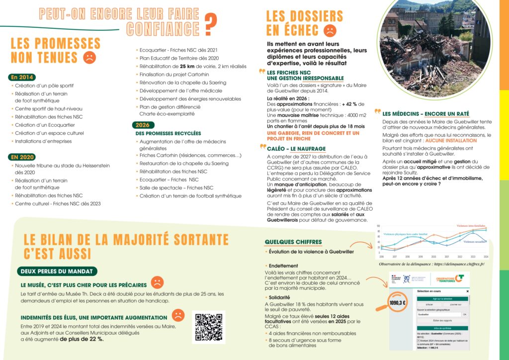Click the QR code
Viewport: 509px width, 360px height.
coord(208,327)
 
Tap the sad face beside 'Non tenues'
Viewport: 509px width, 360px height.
coord(89,57)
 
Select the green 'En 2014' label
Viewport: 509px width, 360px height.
coord(22,77)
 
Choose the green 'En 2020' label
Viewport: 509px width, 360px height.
coord(22,157)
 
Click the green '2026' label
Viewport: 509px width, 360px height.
coord(142,125)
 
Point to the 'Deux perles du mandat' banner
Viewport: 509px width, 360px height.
coord(57,271)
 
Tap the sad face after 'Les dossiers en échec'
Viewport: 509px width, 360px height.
coord(330,30)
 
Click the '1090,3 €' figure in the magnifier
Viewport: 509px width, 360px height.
coord(398,302)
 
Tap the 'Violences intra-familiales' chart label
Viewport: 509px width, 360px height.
coord(471,226)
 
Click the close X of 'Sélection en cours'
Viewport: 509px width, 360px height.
coord(467,292)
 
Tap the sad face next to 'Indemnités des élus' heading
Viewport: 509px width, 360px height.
coord(177,315)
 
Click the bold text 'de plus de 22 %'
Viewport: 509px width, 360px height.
coord(82,339)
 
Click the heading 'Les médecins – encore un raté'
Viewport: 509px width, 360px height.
coord(425,114)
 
